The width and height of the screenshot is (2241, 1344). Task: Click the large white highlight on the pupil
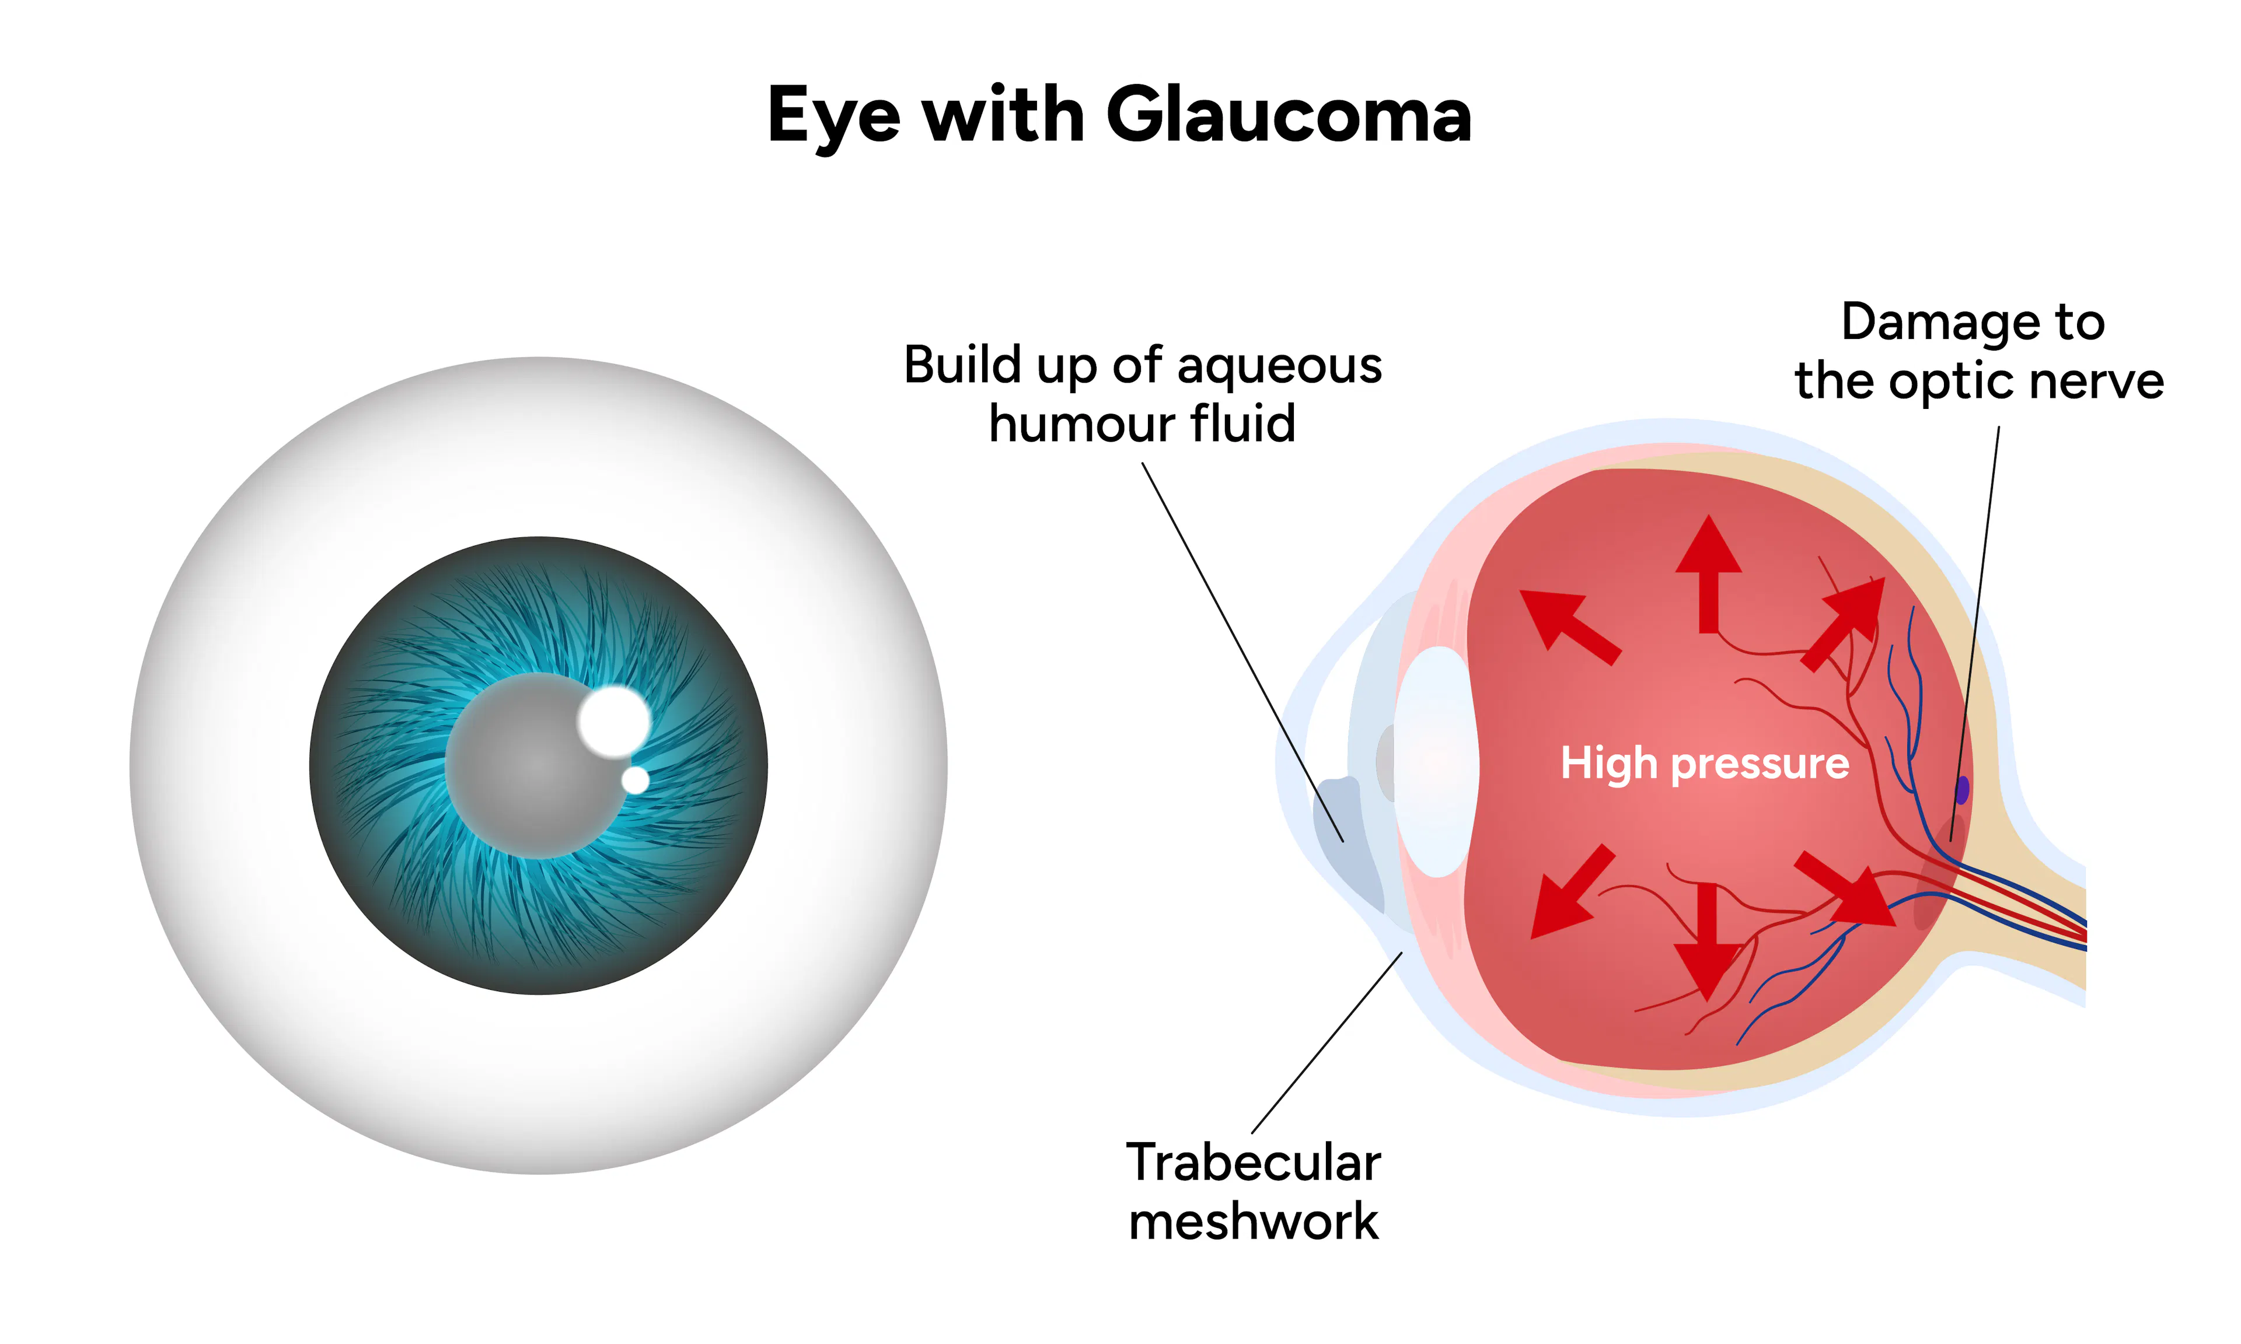614,721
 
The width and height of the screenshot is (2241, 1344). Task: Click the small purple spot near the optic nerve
1962,790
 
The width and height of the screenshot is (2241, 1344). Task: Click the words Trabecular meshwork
1253,1192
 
